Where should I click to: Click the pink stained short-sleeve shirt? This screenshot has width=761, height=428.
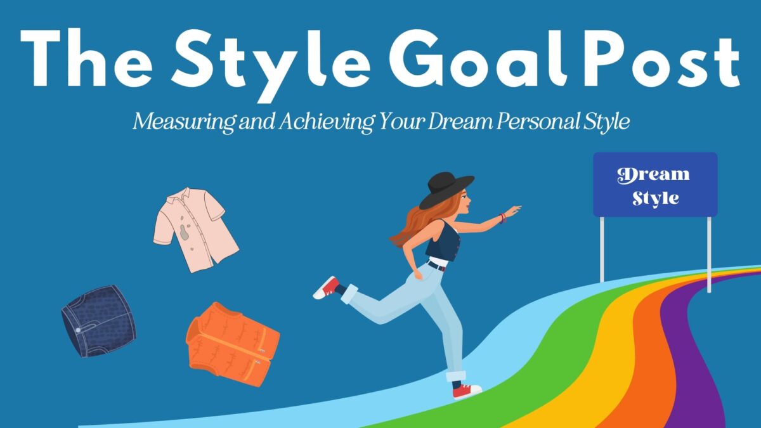(x=194, y=228)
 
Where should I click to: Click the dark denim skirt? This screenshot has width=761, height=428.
(x=98, y=320)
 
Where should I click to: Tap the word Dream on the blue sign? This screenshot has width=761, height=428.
(x=654, y=174)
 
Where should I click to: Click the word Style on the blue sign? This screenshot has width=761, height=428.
(x=655, y=197)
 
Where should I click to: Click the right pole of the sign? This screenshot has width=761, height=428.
(x=709, y=254)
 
